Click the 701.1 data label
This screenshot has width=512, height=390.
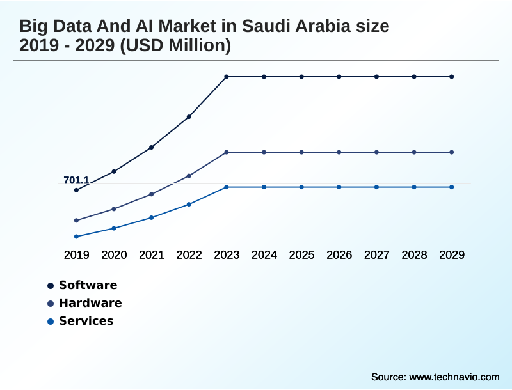(76, 180)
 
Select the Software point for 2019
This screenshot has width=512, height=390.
(76, 190)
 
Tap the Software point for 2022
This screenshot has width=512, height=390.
(189, 117)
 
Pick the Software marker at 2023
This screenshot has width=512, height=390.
(227, 77)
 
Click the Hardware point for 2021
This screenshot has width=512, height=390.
(151, 194)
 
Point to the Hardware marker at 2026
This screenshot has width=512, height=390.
(339, 152)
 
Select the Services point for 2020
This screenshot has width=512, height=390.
(114, 228)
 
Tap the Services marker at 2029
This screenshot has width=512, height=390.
(452, 187)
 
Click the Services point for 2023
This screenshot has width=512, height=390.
(227, 187)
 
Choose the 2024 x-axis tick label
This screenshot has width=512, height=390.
(264, 255)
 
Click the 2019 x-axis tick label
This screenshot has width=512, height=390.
(76, 255)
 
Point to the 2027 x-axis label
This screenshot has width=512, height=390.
(376, 255)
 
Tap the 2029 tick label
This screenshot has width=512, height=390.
(452, 255)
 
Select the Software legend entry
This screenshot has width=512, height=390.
(88, 285)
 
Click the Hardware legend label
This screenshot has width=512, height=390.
(90, 303)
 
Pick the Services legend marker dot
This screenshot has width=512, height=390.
(50, 322)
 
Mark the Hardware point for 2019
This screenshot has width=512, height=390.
(76, 221)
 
